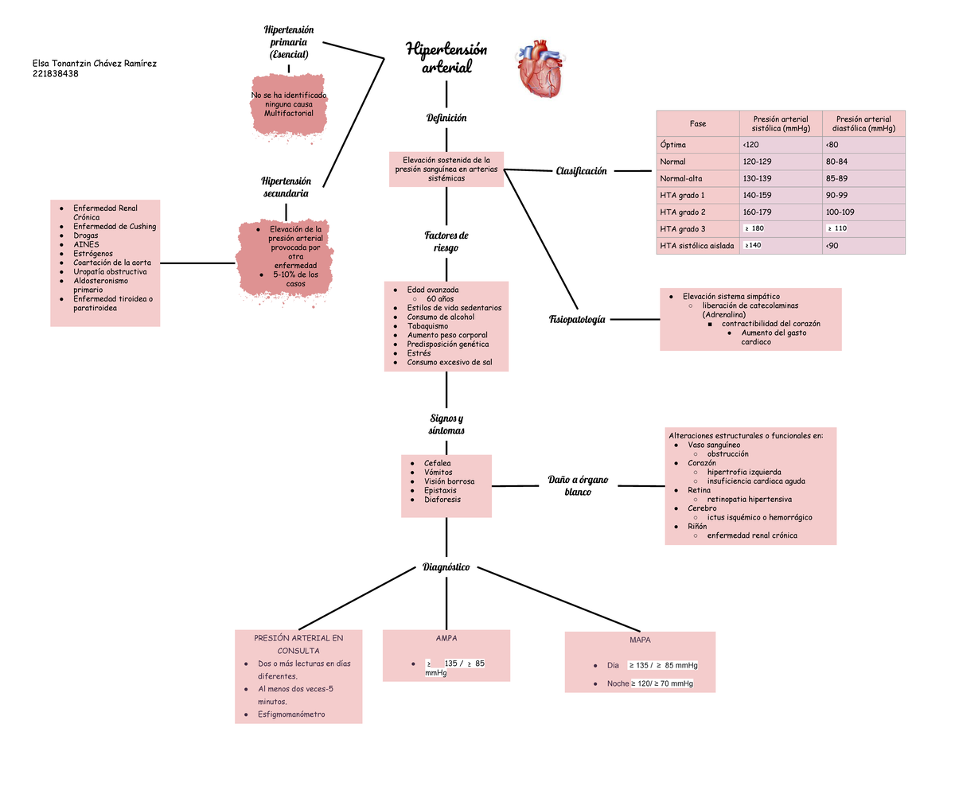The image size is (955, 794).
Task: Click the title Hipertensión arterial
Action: [446, 58]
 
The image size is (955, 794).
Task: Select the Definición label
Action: [446, 118]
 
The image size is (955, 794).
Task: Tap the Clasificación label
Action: [581, 171]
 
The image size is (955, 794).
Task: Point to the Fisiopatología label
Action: [577, 319]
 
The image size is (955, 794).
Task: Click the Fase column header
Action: [698, 124]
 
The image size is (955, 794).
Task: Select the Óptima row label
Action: [672, 145]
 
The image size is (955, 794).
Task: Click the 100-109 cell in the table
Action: [840, 212]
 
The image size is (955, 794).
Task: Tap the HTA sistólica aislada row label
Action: [696, 246]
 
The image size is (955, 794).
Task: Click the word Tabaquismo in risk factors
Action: [427, 326]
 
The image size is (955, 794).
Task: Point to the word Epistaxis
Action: [440, 491]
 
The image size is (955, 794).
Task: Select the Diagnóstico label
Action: [446, 567]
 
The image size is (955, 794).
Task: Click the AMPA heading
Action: [446, 639]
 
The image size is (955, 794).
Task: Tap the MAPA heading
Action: [639, 640]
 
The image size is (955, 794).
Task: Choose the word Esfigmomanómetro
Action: [291, 714]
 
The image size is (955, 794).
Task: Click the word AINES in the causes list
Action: [86, 244]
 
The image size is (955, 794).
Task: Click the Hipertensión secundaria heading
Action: [286, 187]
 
